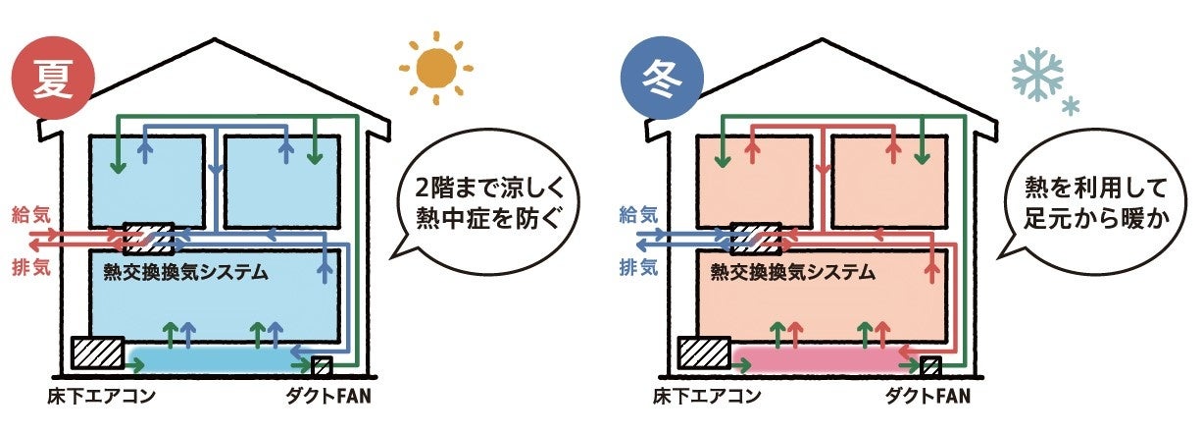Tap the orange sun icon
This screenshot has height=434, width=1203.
(436, 69)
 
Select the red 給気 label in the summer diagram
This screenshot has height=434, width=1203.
(27, 213)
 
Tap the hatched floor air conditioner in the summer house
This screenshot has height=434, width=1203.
(97, 353)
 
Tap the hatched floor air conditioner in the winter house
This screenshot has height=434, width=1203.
(706, 353)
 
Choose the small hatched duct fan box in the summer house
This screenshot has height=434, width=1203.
(322, 366)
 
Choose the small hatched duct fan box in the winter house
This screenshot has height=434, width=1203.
(930, 366)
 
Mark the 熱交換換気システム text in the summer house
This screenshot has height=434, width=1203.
(180, 272)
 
